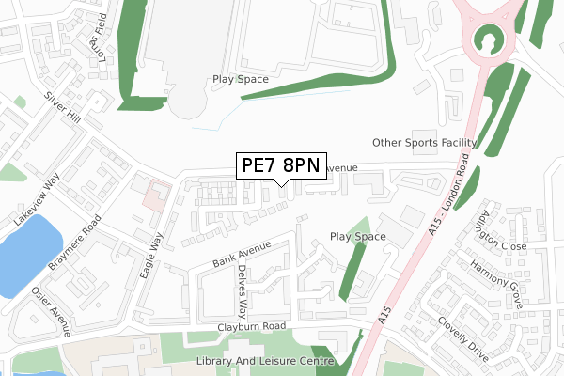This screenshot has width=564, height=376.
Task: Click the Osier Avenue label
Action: [54, 309]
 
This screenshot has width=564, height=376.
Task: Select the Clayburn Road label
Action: [248, 327]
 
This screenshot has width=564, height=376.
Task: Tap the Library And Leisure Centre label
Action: [265, 361]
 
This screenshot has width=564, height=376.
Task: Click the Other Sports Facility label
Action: [424, 143]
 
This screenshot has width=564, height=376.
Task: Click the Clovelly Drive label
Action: [463, 338]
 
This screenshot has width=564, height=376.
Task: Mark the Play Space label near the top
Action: [240, 80]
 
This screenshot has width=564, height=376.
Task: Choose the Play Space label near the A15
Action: [357, 236]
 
